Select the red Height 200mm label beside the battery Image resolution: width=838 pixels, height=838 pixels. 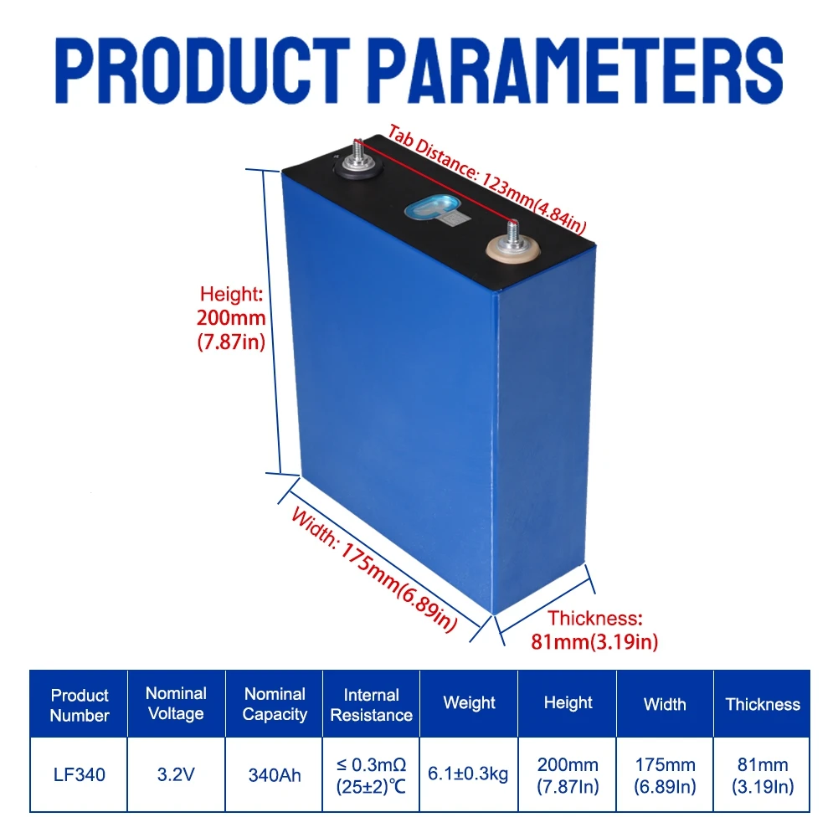click(233, 318)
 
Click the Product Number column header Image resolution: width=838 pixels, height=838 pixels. click(80, 705)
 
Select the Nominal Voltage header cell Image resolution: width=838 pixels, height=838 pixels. click(176, 703)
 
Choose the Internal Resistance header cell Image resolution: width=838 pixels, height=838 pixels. click(372, 705)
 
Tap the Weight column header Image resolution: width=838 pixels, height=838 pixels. click(470, 703)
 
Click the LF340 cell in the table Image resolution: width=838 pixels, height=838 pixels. click(80, 775)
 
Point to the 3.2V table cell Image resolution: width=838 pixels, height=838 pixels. click(176, 775)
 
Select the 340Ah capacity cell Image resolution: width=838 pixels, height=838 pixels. click(274, 775)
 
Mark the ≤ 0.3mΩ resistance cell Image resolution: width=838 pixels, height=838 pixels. click(372, 775)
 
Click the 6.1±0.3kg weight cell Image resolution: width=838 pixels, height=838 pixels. click(470, 775)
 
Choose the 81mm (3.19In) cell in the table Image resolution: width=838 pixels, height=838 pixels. click(763, 775)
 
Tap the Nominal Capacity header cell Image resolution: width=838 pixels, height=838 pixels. click(274, 703)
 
